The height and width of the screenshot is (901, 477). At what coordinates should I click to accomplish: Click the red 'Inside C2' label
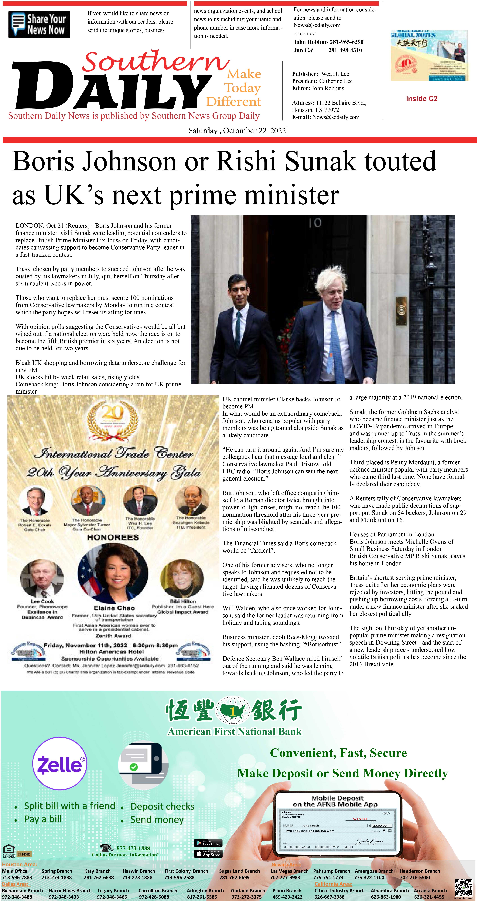tap(421, 99)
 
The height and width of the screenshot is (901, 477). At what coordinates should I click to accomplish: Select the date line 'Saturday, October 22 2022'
tap(238, 131)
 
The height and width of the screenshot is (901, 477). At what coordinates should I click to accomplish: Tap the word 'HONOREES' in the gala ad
tap(113, 537)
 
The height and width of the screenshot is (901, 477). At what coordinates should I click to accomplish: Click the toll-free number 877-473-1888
tap(133, 848)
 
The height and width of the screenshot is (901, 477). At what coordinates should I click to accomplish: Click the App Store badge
tap(208, 854)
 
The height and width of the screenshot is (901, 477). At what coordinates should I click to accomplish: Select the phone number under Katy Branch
tap(98, 878)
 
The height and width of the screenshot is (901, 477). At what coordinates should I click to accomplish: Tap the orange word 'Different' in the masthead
tap(233, 102)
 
